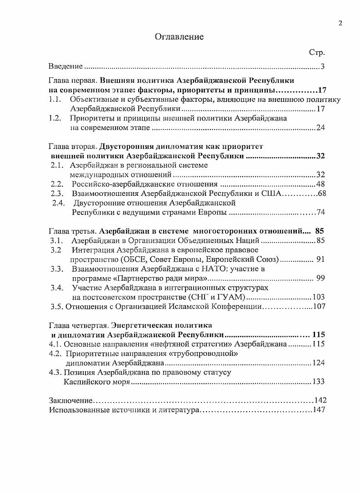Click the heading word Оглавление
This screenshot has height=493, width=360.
pos(180,37)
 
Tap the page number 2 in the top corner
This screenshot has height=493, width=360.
pos(340,23)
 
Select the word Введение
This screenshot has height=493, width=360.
pos(65,67)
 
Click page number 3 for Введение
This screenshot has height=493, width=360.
pos(322,67)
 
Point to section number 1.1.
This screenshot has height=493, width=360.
pos(55,100)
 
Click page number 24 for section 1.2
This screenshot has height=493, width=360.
pos(320,128)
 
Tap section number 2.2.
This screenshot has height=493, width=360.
pos(57,184)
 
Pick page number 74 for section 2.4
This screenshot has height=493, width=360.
pos(321,213)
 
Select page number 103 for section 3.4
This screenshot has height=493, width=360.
pos(319,297)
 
